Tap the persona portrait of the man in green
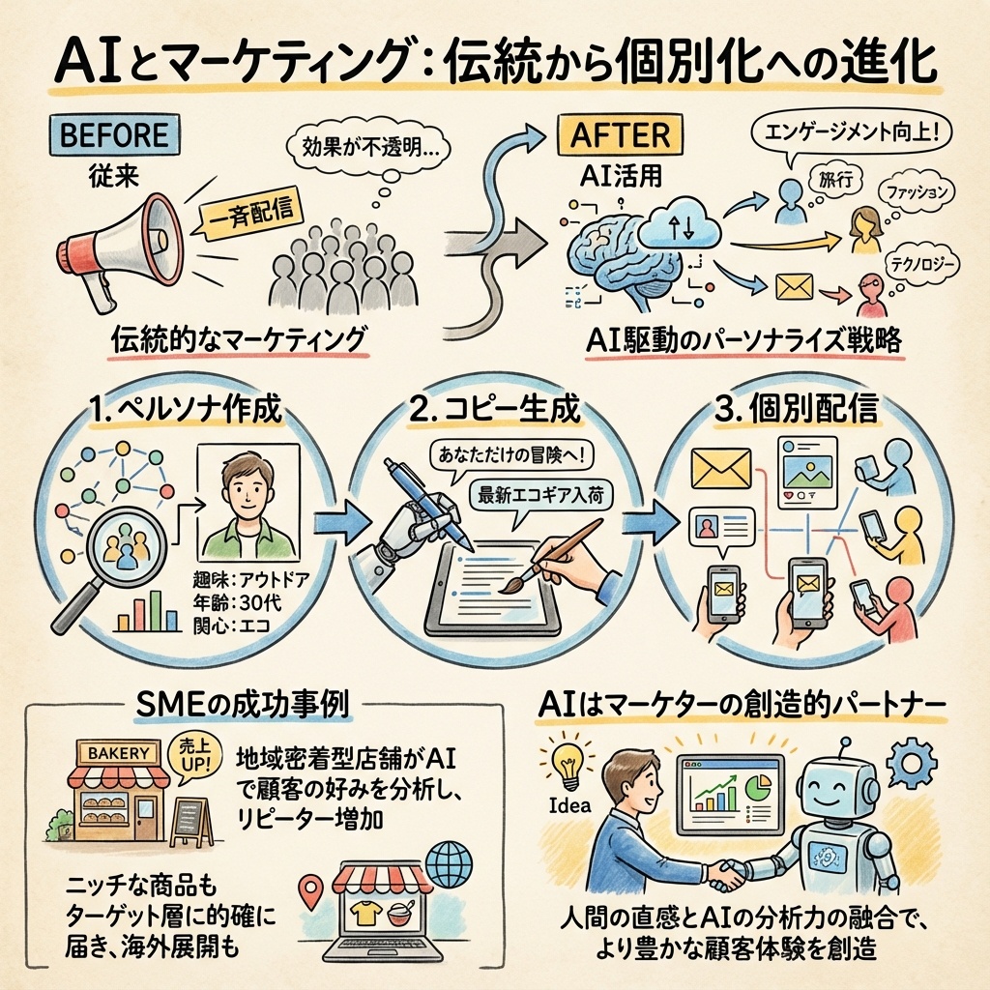(247, 503)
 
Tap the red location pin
(309, 891)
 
